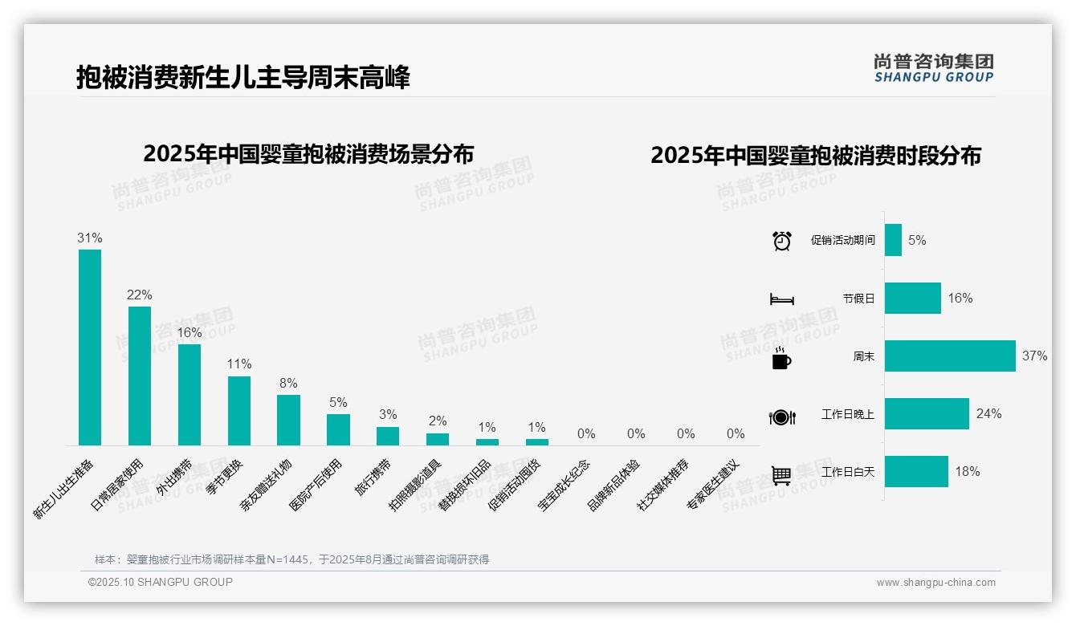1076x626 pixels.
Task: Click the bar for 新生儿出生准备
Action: click(x=90, y=347)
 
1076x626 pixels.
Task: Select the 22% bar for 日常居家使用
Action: click(x=140, y=376)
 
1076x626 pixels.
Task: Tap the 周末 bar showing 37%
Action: click(x=950, y=356)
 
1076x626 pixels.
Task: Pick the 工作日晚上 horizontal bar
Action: click(x=927, y=413)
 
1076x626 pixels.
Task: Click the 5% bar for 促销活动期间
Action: click(x=893, y=240)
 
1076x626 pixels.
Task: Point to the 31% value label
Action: click(x=90, y=238)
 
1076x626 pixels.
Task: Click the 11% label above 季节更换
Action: click(x=239, y=364)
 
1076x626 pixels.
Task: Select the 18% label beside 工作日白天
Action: click(x=968, y=472)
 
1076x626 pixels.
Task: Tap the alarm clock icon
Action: click(x=782, y=241)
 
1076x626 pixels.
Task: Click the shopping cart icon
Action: click(x=782, y=475)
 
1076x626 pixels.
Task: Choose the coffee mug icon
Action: click(x=781, y=358)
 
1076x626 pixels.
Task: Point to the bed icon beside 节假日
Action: click(x=782, y=299)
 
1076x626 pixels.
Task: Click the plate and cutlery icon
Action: click(x=782, y=417)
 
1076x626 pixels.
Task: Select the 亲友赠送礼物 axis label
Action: click(x=267, y=486)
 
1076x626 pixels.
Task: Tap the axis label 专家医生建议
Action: click(x=713, y=486)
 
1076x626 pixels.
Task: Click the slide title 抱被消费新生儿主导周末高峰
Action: click(x=243, y=78)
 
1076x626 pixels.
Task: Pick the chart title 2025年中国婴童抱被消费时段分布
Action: click(x=816, y=156)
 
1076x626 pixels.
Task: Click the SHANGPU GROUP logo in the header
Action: click(x=934, y=68)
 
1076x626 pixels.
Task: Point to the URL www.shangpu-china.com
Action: click(x=935, y=583)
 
